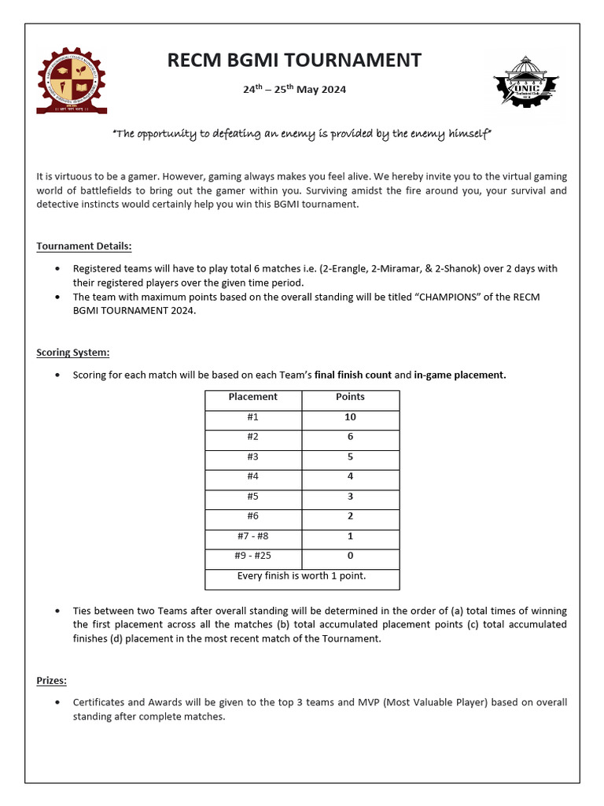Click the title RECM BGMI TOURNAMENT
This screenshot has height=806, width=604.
click(x=294, y=61)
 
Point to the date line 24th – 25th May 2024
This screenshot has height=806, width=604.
click(x=294, y=89)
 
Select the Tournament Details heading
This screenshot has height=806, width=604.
click(x=84, y=246)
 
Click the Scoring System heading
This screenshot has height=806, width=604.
click(x=73, y=353)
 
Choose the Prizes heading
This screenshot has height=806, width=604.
click(x=51, y=680)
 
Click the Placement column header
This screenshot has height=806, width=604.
click(x=252, y=397)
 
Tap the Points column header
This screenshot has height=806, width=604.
click(x=350, y=397)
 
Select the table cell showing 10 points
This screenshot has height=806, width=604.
click(x=350, y=417)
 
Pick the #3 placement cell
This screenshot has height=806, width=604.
click(x=252, y=457)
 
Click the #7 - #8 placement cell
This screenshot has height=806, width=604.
click(x=252, y=536)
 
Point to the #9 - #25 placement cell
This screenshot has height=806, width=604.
click(x=252, y=556)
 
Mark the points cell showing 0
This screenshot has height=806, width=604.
click(x=350, y=556)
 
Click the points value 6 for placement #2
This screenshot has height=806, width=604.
click(x=350, y=437)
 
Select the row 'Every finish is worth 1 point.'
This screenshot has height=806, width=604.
click(x=302, y=576)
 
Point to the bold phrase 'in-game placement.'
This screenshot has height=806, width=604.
click(x=460, y=375)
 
